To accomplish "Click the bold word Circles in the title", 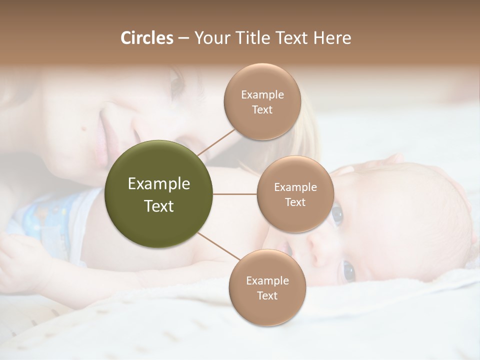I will [146, 38].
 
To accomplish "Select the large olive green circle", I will [159, 194].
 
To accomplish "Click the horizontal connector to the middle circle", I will [235, 194].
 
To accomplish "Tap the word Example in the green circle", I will [159, 183].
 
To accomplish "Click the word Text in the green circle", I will [159, 206].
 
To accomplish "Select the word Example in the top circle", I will [262, 94].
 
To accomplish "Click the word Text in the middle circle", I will [295, 202].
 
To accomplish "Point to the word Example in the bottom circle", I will [267, 280].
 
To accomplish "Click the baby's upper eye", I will [337, 214].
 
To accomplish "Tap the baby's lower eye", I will [348, 271].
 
